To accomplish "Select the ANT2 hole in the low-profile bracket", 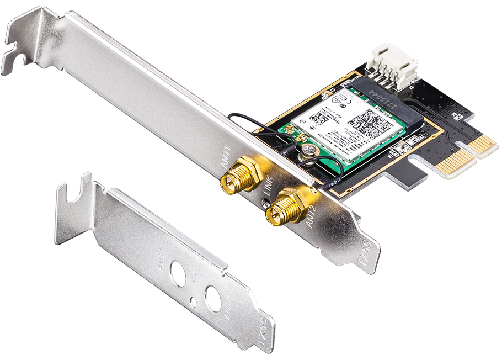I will [213, 298].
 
